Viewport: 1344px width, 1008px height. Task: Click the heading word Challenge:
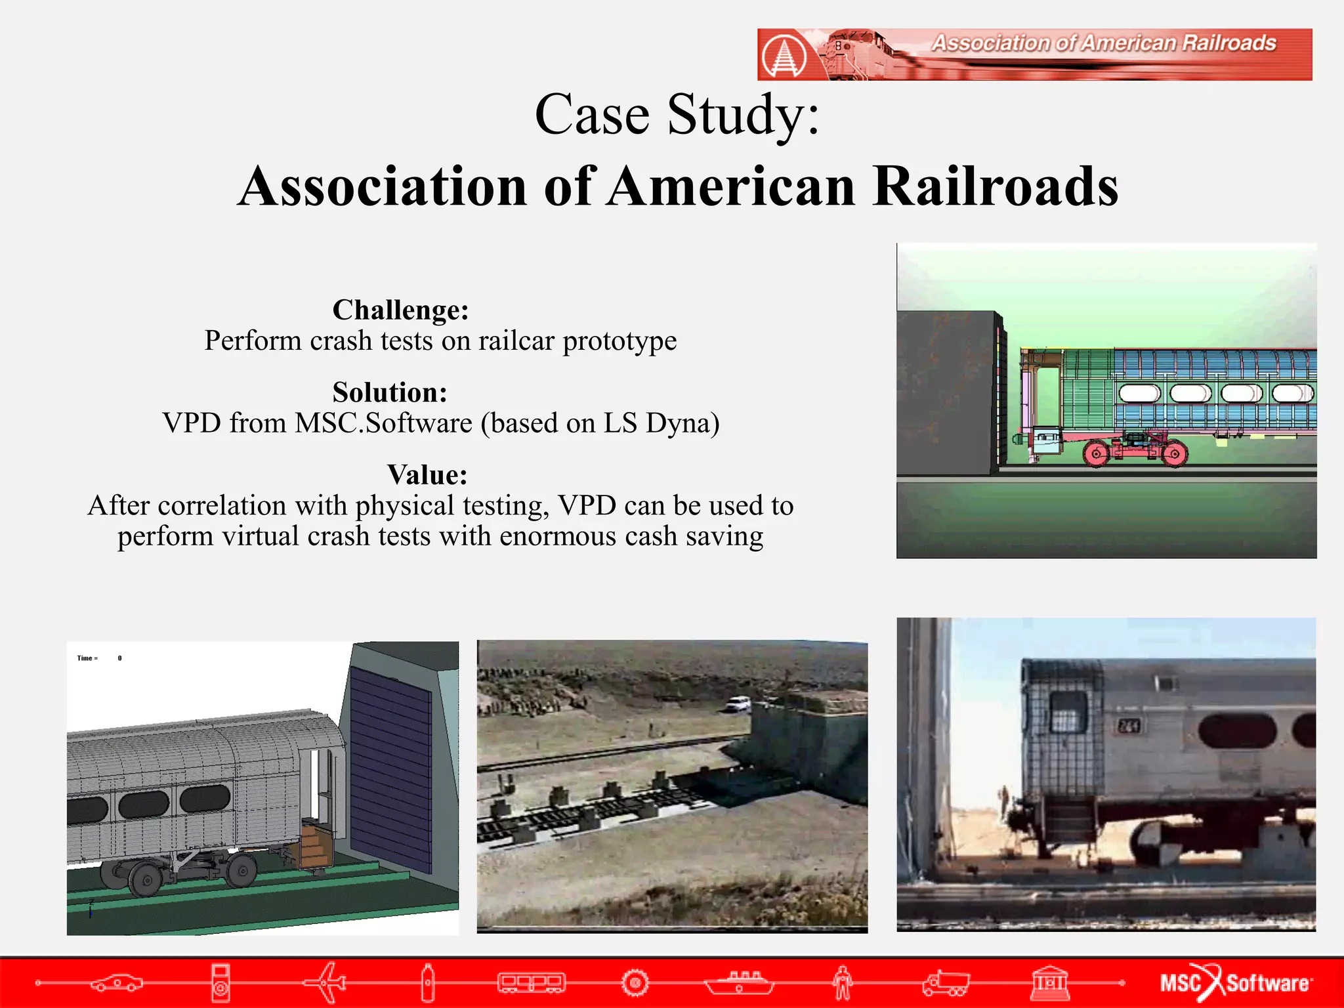pos(400,310)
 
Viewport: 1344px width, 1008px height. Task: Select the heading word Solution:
pos(390,392)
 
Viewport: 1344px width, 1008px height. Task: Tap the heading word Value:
pos(427,474)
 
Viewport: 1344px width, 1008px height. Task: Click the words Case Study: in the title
pos(677,114)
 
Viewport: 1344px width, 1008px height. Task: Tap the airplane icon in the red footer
pos(326,982)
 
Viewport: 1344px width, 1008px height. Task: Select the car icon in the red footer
pos(116,982)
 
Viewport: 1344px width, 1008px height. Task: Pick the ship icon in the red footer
pos(740,982)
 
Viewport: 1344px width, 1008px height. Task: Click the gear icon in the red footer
pos(635,982)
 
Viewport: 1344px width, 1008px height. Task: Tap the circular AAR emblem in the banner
pos(784,55)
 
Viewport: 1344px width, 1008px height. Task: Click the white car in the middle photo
pos(738,704)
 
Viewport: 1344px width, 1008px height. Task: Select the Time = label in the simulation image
pos(87,658)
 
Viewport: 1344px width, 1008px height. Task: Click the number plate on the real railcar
pos(1129,726)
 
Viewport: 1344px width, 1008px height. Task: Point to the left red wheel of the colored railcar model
pos(1096,453)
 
